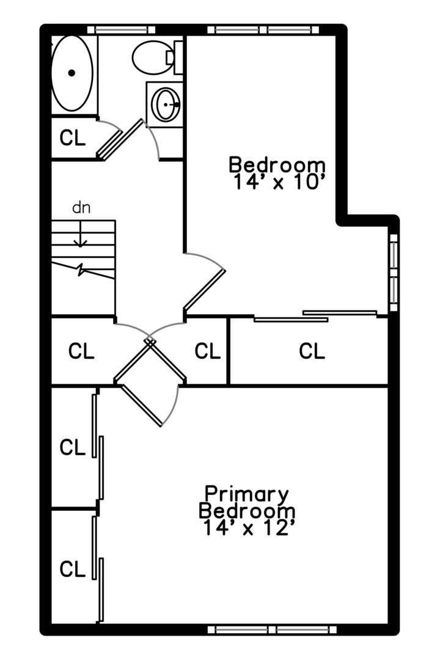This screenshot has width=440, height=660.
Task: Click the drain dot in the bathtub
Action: point(71,73)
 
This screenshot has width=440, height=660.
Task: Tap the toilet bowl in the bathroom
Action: point(152,57)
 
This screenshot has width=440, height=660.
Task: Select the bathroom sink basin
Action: point(166,105)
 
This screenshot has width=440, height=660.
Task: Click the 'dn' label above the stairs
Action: point(81,208)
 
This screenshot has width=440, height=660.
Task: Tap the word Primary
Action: point(246,493)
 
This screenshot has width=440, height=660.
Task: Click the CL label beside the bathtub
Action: point(72,139)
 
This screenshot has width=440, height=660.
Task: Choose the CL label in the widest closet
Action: point(312,351)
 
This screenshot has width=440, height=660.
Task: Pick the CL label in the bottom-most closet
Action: point(72,569)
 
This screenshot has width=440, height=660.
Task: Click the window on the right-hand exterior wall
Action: point(394,273)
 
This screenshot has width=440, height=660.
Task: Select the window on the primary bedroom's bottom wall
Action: point(271,629)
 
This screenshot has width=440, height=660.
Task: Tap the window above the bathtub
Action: point(121,29)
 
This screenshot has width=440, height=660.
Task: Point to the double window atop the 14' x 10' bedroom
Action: point(267,29)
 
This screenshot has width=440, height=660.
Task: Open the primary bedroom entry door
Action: point(142,405)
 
